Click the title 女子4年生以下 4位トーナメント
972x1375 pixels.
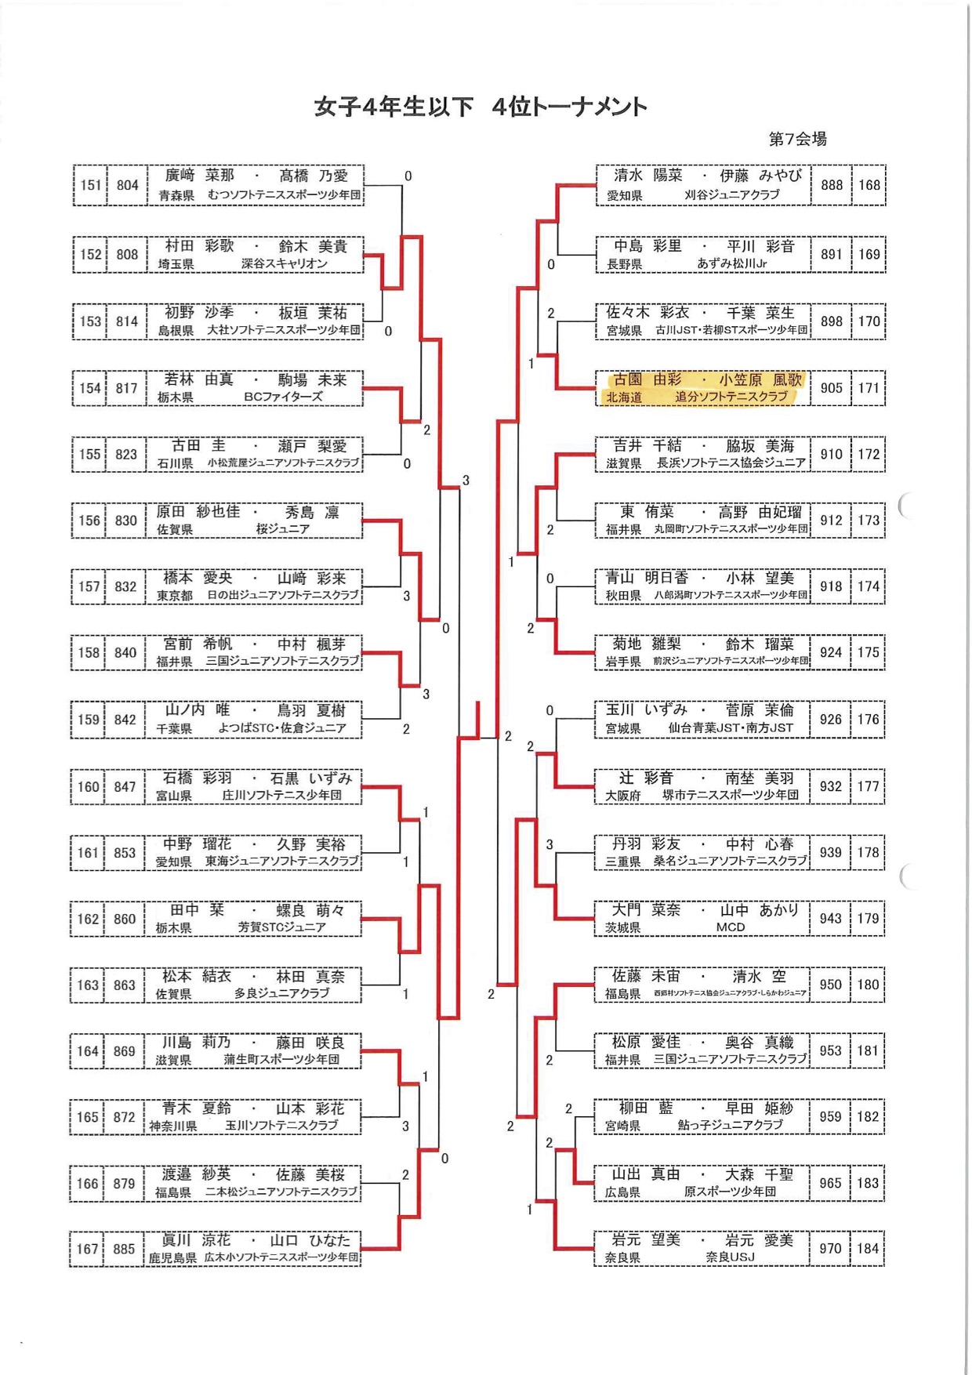[x=481, y=107]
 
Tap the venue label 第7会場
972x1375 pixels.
[x=797, y=139]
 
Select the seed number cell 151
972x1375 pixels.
[x=91, y=185]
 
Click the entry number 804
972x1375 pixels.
[x=127, y=185]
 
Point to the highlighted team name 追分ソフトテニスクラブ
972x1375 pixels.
[x=731, y=397]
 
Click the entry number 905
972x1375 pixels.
[x=831, y=388]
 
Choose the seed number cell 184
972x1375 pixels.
[x=868, y=1248]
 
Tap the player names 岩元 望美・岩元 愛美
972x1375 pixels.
[x=702, y=1239]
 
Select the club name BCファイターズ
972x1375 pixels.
[x=283, y=397]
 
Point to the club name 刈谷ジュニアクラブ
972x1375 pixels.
[x=731, y=194]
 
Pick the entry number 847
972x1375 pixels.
[x=125, y=786]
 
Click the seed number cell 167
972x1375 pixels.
[x=88, y=1248]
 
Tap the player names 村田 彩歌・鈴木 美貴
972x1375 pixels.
[x=256, y=246]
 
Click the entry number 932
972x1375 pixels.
[x=830, y=785]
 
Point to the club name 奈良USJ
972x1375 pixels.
[x=730, y=1257]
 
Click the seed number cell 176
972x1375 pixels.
[x=868, y=719]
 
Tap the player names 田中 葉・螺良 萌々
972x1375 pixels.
[x=257, y=910]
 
